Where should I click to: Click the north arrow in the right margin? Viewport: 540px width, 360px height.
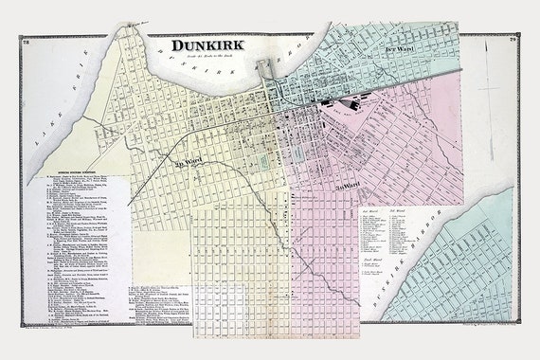click(485, 90)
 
